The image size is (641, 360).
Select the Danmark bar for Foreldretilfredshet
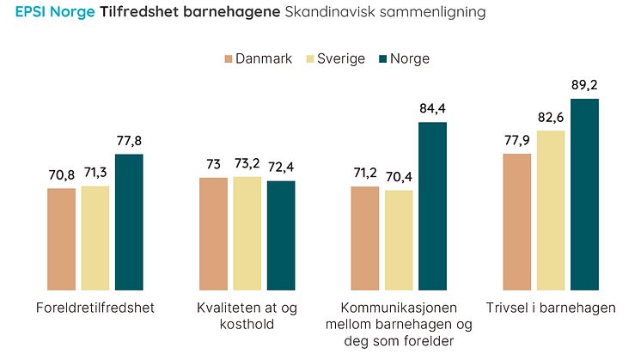[61, 239]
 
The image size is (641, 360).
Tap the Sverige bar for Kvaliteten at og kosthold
[247, 233]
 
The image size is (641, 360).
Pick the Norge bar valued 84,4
[433, 206]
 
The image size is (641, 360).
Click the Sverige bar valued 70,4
[399, 240]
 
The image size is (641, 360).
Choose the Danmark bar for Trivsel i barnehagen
[517, 222]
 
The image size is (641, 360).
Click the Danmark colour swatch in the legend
[229, 59]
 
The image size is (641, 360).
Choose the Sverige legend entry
[341, 59]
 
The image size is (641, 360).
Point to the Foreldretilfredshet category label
[95, 308]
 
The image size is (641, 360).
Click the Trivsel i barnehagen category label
[551, 308]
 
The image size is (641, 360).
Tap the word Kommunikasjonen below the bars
[399, 308]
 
